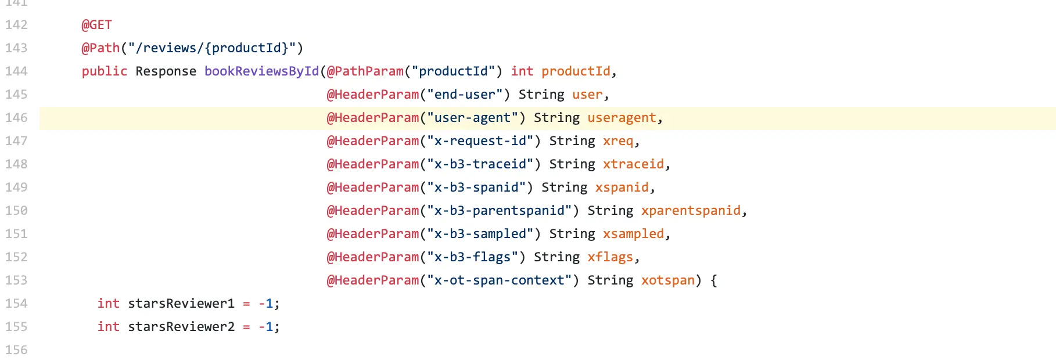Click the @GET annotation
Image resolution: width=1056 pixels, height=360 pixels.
pos(96,25)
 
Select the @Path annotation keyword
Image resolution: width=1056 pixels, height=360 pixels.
pos(100,48)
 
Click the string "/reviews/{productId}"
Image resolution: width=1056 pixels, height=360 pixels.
pos(212,48)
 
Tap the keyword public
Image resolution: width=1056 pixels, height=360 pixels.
pos(104,71)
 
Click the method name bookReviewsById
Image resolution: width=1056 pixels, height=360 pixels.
pos(261,71)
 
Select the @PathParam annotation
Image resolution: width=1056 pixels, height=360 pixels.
pos(365,71)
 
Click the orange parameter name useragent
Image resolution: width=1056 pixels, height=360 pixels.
pos(622,118)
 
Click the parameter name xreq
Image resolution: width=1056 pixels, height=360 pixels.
pos(618,141)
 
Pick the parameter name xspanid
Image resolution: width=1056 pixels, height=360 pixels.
pos(622,188)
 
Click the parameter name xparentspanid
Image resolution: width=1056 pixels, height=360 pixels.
pos(691,211)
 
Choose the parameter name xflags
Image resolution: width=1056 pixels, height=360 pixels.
pos(610,257)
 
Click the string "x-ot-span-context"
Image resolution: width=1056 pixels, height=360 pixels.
pos(499,280)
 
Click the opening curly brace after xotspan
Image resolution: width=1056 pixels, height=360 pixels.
pos(714,280)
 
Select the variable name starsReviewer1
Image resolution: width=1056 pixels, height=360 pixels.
pos(181,304)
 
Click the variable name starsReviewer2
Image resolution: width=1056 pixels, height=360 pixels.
pos(181,327)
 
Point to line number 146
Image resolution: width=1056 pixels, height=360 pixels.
pos(16,118)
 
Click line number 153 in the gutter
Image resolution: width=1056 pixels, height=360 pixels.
pos(16,280)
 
